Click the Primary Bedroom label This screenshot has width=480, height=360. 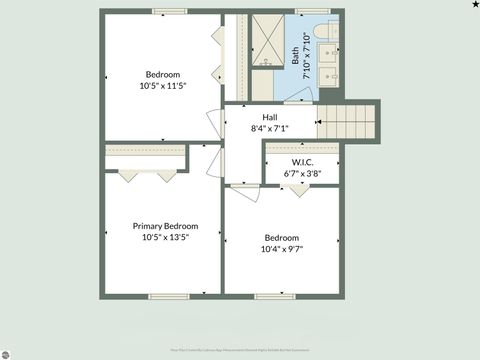click(x=165, y=226)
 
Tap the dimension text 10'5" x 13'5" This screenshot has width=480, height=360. click(x=165, y=238)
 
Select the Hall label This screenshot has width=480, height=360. click(x=270, y=116)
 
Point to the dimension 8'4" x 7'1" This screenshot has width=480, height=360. click(x=270, y=128)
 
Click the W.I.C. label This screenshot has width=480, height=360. click(x=302, y=161)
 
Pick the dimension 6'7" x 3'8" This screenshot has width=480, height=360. click(x=302, y=173)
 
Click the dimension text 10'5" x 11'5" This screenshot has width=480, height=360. click(x=164, y=86)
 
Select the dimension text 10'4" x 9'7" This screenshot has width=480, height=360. click(x=282, y=249)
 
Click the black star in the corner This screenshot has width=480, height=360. click(x=474, y=5)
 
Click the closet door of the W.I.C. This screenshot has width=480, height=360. click(x=298, y=188)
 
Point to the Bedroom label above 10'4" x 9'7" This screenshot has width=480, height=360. click(x=281, y=237)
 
